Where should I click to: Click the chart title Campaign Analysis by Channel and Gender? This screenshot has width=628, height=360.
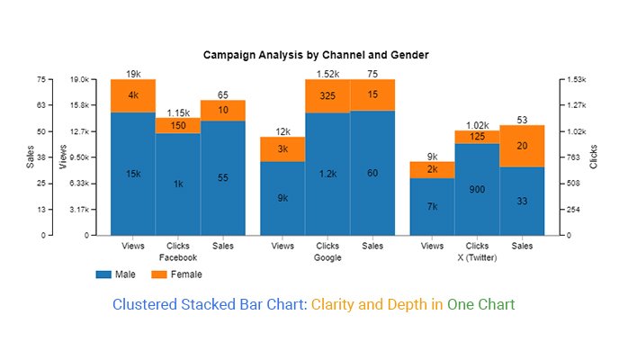[316, 55]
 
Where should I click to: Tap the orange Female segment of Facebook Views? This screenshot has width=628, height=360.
[133, 95]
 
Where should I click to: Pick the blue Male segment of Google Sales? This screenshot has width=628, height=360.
[372, 173]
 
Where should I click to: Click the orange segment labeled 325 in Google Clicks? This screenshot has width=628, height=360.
[327, 95]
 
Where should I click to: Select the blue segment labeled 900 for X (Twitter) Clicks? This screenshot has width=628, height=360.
[477, 190]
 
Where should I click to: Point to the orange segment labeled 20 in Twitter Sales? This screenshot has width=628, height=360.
[522, 146]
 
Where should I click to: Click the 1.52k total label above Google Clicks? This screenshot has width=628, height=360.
[327, 74]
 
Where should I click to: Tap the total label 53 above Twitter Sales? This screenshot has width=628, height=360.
[522, 120]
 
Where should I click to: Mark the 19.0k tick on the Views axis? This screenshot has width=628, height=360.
[80, 79]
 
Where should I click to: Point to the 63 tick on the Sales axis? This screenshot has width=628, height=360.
[40, 105]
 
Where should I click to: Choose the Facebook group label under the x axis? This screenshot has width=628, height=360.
[177, 257]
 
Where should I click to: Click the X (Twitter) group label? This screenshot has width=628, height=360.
[477, 257]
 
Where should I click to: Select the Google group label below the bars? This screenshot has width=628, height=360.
[327, 257]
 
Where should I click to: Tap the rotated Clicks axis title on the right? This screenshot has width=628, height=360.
[594, 157]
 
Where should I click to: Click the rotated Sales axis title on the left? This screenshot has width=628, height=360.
[30, 157]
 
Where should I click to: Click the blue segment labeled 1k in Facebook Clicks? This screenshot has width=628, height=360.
[178, 184]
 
